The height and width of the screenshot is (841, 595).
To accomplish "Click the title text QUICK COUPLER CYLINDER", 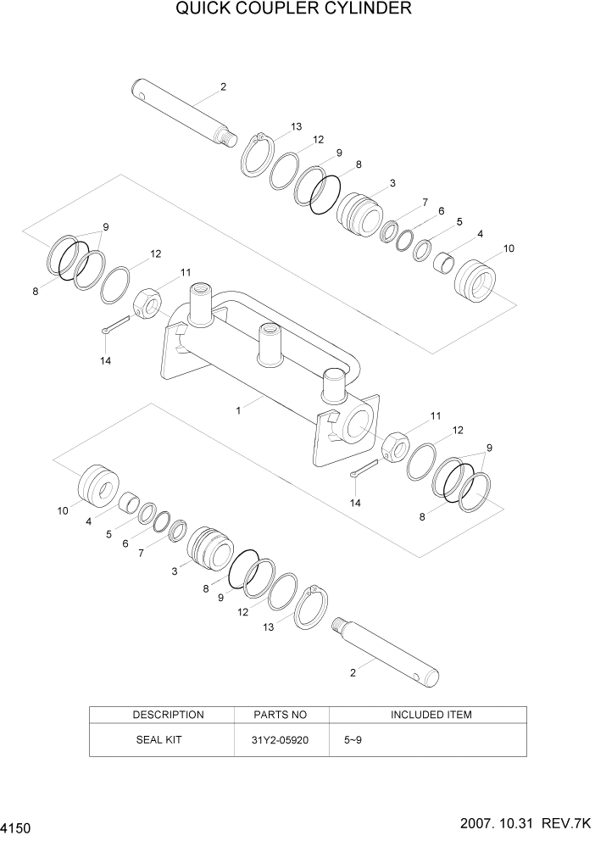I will [x=294, y=9].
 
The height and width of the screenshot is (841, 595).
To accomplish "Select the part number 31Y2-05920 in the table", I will [x=281, y=739].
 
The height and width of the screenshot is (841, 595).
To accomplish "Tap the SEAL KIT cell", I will [x=158, y=739].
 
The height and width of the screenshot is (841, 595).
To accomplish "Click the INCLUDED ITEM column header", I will [x=431, y=715].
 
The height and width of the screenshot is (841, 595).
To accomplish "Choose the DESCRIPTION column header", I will [x=168, y=715].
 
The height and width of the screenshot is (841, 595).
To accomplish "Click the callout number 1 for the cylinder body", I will [x=239, y=409].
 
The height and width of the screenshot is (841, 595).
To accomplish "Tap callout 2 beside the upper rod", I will [x=223, y=86].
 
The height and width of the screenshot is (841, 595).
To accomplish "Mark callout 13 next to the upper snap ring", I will [x=296, y=126].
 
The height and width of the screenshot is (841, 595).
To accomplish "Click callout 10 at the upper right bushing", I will [x=509, y=248].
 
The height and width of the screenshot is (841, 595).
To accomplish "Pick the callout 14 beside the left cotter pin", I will [x=105, y=360].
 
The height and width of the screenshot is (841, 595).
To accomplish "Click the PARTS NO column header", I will [x=281, y=715].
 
